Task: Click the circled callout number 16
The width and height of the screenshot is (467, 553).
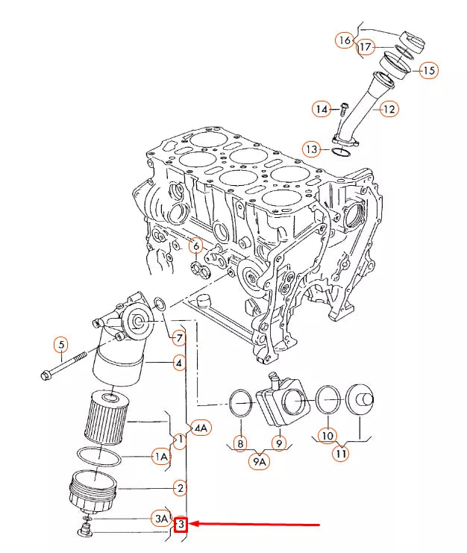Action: pos(345,40)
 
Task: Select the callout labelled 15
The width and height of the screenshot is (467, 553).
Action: pos(429,70)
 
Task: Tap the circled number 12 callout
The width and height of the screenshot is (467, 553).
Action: pos(389,109)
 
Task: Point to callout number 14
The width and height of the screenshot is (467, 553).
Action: pos(322,109)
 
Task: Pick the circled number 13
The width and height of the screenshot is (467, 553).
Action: pos(312,149)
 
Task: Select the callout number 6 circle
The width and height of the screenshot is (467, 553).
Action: pos(196,246)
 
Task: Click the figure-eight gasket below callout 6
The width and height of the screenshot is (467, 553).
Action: pos(200,269)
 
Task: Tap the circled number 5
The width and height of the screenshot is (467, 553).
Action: pos(61,345)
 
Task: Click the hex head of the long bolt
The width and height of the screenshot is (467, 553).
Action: pos(46,375)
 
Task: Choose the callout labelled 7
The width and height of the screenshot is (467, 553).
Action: pos(179,338)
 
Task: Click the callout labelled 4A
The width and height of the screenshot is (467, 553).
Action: pos(201,428)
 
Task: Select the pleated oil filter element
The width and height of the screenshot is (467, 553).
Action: pos(107,417)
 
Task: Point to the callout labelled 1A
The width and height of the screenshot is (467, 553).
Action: pos(161,457)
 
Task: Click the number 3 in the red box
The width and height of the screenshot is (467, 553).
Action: pos(181,524)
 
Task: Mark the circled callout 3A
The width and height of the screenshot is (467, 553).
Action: pos(161,519)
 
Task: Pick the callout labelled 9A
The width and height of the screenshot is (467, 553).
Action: pos(259,462)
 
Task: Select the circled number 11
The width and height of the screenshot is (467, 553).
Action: pos(341,452)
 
